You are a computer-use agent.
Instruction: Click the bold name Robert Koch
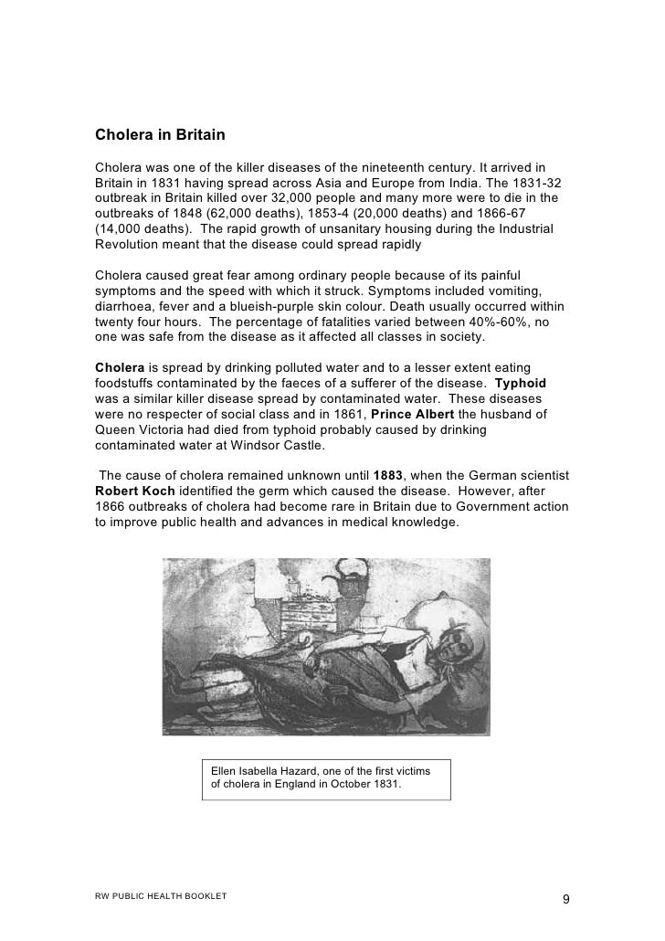tap(133, 492)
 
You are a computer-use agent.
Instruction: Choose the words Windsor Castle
tap(265, 448)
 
